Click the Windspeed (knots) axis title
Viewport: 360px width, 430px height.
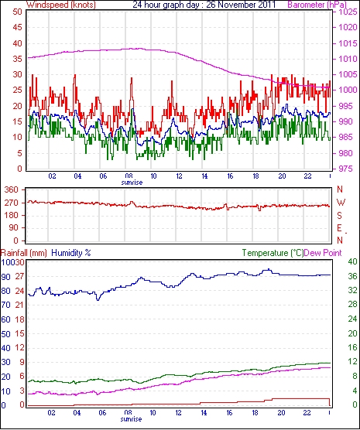(x=61, y=5)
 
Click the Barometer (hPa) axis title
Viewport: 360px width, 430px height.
(x=317, y=5)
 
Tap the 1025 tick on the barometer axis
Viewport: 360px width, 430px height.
(x=348, y=12)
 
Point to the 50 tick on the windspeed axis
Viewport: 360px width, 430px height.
(x=18, y=12)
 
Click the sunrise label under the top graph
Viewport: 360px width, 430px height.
(x=132, y=183)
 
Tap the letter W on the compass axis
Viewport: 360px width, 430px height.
(x=341, y=203)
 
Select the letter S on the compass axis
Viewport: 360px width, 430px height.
(x=339, y=216)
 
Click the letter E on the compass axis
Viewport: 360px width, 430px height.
(x=339, y=228)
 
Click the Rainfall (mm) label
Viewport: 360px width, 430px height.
(x=24, y=253)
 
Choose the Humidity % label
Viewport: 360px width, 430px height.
(x=71, y=253)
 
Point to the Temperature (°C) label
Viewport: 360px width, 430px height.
(x=273, y=253)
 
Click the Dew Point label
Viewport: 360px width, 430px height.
(x=323, y=253)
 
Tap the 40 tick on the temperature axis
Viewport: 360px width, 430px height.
(x=352, y=261)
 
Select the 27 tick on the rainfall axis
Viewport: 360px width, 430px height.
(x=20, y=276)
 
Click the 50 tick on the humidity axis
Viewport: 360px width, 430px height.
(x=5, y=334)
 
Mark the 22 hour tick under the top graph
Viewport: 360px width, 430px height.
(x=307, y=176)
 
